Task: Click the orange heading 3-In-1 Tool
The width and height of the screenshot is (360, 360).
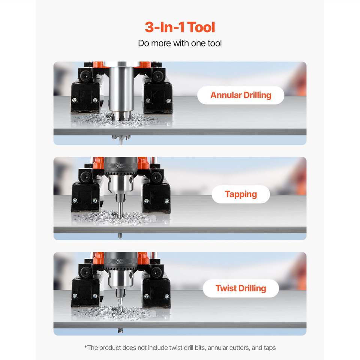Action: [180, 27]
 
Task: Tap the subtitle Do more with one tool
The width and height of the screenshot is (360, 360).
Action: [180, 43]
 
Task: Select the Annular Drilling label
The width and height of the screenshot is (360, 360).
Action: [241, 95]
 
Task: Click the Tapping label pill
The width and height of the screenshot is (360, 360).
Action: [241, 194]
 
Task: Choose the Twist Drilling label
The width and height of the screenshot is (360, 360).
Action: [241, 288]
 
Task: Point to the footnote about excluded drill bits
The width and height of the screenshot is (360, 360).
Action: [180, 348]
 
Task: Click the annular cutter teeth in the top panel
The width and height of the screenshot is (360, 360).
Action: [121, 115]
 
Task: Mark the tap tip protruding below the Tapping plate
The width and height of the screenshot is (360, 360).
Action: [120, 235]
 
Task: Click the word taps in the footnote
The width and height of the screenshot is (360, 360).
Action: [270, 348]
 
